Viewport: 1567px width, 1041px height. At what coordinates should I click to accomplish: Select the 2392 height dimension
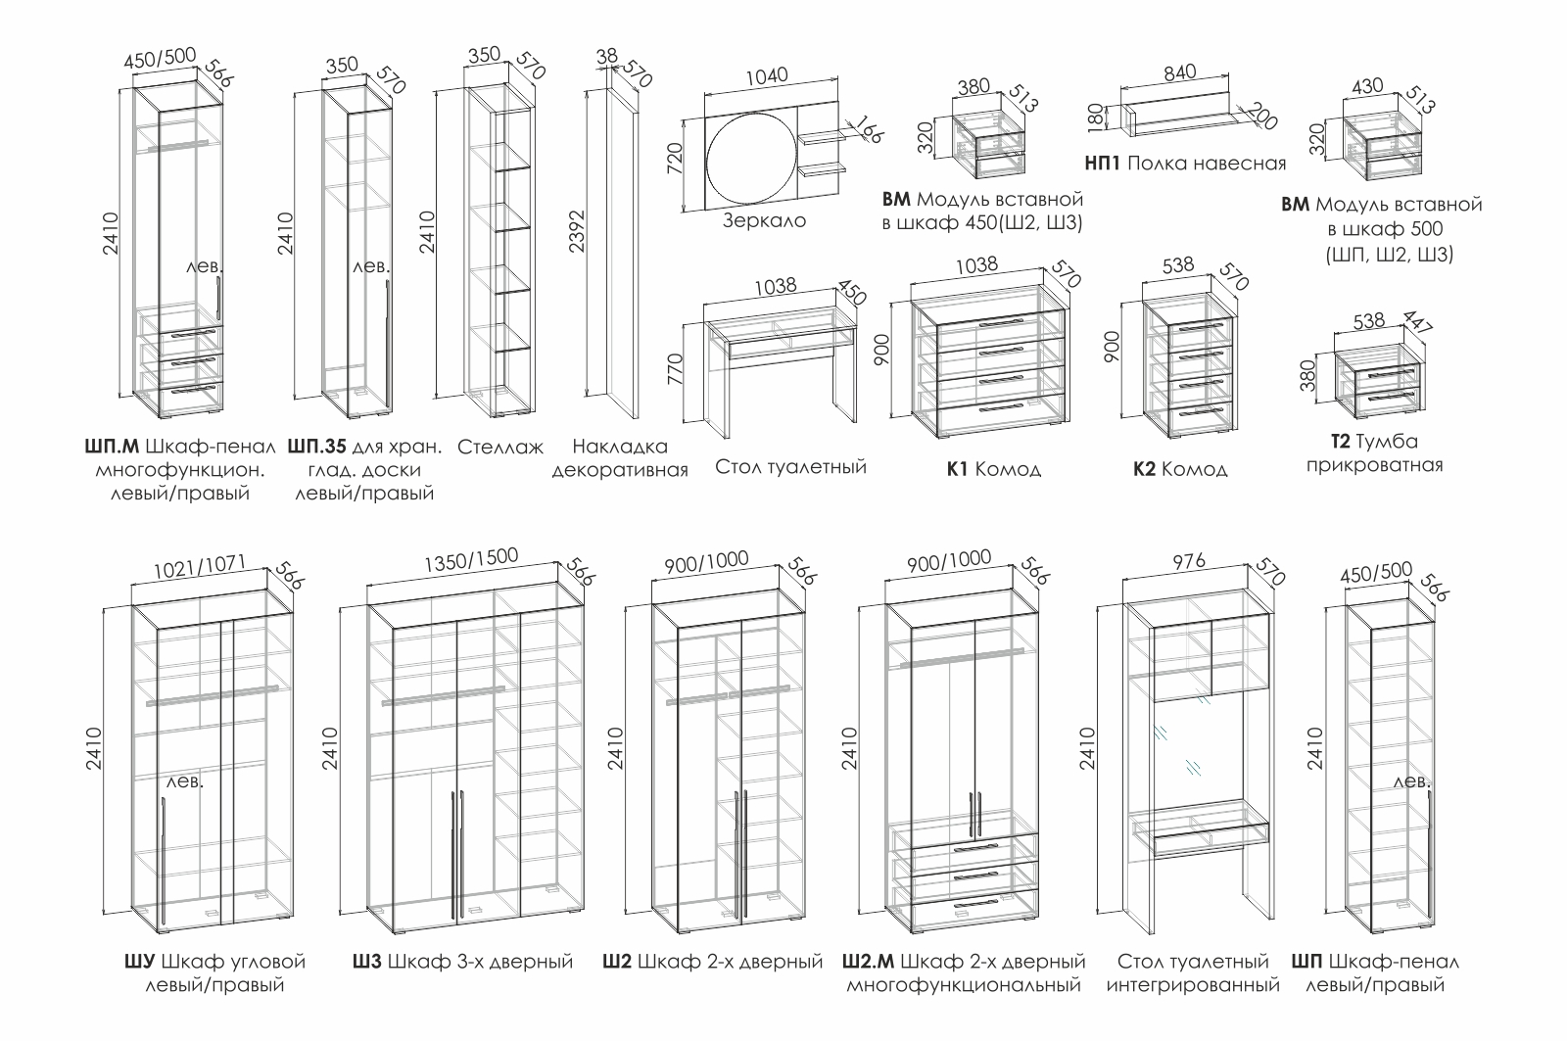click(577, 231)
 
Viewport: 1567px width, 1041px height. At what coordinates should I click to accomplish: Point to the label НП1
click(1103, 164)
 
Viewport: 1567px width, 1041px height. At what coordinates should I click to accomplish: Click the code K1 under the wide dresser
click(957, 469)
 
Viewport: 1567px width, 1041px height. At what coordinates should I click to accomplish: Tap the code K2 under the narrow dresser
click(1144, 469)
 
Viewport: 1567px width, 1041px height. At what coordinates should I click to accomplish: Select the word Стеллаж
click(499, 448)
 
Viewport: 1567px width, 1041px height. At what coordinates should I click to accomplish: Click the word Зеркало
click(764, 221)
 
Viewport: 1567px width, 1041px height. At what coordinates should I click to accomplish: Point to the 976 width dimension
click(1188, 561)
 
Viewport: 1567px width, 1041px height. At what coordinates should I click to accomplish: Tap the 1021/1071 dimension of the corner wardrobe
click(200, 565)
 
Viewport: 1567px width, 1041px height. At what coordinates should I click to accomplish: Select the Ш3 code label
click(367, 962)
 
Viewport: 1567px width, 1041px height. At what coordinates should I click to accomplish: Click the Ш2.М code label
click(870, 962)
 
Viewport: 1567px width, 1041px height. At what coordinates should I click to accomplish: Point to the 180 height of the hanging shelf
click(1104, 117)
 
